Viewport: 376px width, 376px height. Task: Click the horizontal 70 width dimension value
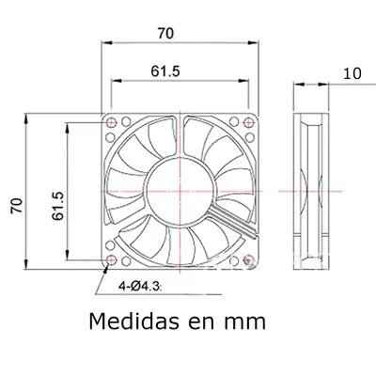pos(165,34)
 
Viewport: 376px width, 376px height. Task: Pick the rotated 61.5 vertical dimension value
pos(55,202)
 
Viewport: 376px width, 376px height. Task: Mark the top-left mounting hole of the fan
pos(113,123)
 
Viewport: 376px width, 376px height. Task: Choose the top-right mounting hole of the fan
pos(247,123)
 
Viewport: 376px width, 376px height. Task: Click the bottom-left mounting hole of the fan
pos(113,258)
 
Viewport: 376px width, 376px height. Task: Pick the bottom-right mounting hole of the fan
pos(247,258)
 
